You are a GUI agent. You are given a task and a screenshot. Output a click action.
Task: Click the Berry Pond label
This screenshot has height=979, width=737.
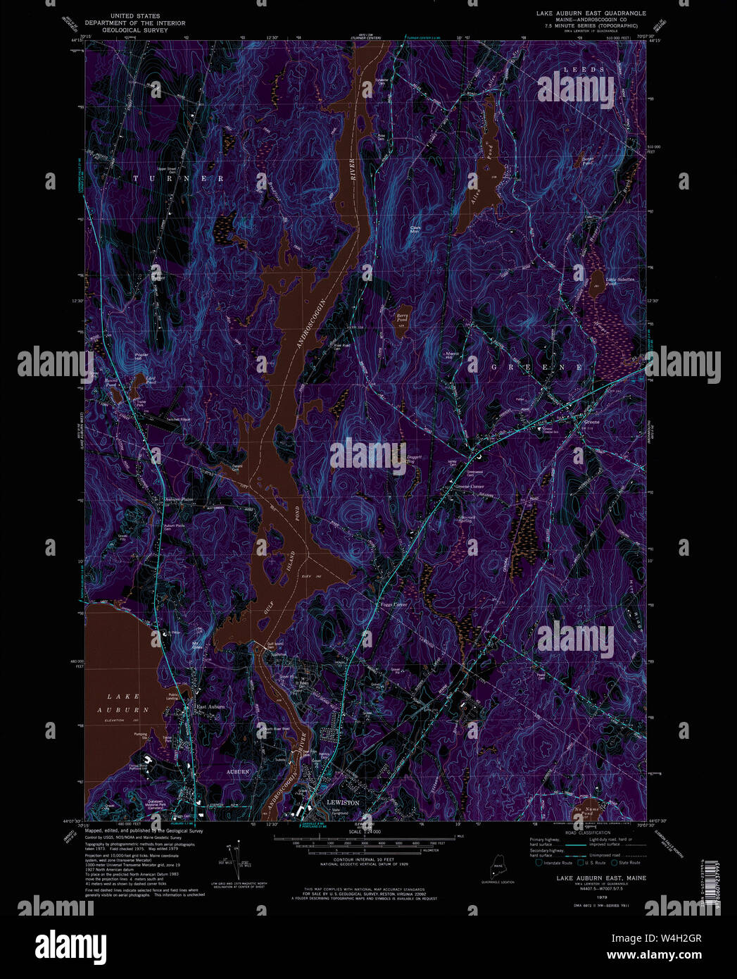pyautogui.click(x=402, y=318)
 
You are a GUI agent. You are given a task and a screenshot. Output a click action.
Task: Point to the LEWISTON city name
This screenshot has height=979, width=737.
pyautogui.click(x=343, y=802)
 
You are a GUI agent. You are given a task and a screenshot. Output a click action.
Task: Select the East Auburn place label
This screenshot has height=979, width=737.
pyautogui.click(x=210, y=706)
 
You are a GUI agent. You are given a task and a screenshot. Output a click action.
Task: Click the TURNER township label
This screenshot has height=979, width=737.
pyautogui.click(x=178, y=179)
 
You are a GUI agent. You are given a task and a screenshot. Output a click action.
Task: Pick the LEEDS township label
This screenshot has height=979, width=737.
pyautogui.click(x=584, y=70)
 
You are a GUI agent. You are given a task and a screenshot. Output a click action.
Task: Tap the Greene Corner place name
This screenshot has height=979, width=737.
pyautogui.click(x=470, y=487)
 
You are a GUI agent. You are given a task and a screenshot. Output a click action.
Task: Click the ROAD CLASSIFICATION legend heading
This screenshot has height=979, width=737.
pyautogui.click(x=580, y=833)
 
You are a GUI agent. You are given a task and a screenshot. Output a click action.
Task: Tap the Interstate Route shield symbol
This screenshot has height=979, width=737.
pyautogui.click(x=538, y=862)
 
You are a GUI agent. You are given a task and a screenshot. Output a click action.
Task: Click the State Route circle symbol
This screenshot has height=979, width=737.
pyautogui.click(x=614, y=862)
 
